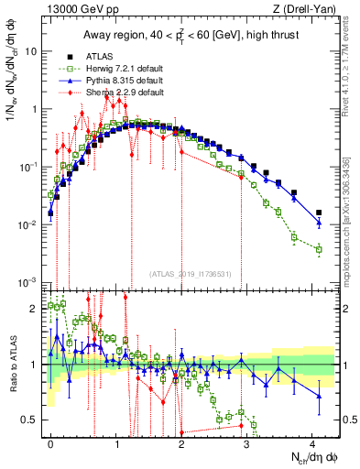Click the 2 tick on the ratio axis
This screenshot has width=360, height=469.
pos(35,308)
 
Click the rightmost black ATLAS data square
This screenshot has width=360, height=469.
pos(319,213)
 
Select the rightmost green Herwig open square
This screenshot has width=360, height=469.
pos(319,249)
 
